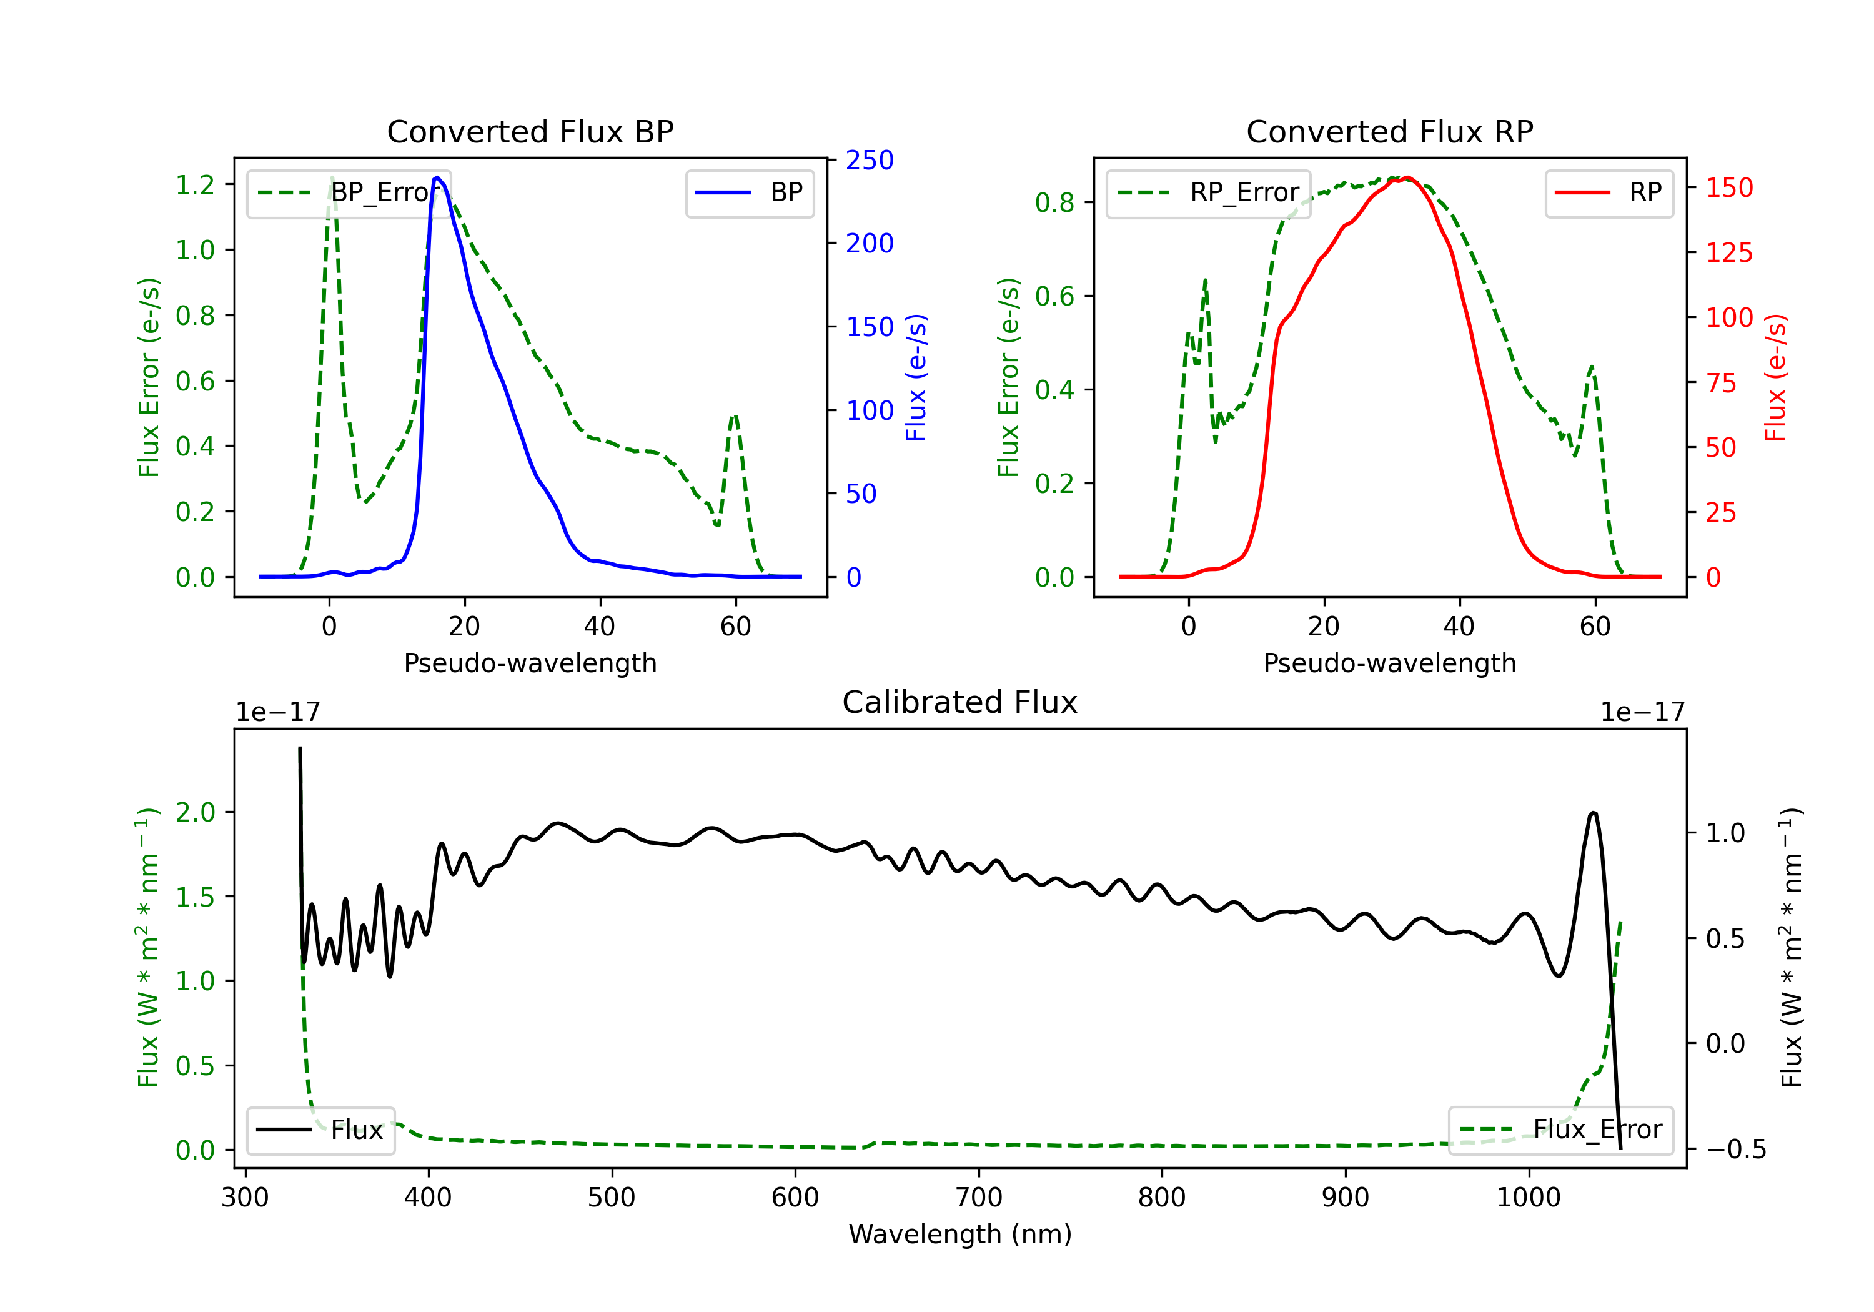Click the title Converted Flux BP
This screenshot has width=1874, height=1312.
(x=530, y=131)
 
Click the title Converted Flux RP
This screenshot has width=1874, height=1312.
(x=1389, y=131)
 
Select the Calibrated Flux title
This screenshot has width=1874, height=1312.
(x=960, y=702)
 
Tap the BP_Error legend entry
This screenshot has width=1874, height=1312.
(x=349, y=192)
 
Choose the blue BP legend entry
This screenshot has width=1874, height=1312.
(x=749, y=192)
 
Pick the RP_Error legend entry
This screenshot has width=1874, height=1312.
(x=1208, y=192)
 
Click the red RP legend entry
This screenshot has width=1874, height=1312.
(x=1609, y=192)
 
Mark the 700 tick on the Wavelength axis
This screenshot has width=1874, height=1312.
(x=979, y=1197)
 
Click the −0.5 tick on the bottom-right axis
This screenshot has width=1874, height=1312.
(x=1736, y=1150)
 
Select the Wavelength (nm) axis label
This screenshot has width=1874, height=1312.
(x=960, y=1234)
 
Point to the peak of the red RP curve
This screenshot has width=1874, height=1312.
(x=1407, y=178)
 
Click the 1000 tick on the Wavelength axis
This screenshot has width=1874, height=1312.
(x=1529, y=1197)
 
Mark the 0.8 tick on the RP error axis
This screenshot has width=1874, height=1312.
(x=1054, y=202)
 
